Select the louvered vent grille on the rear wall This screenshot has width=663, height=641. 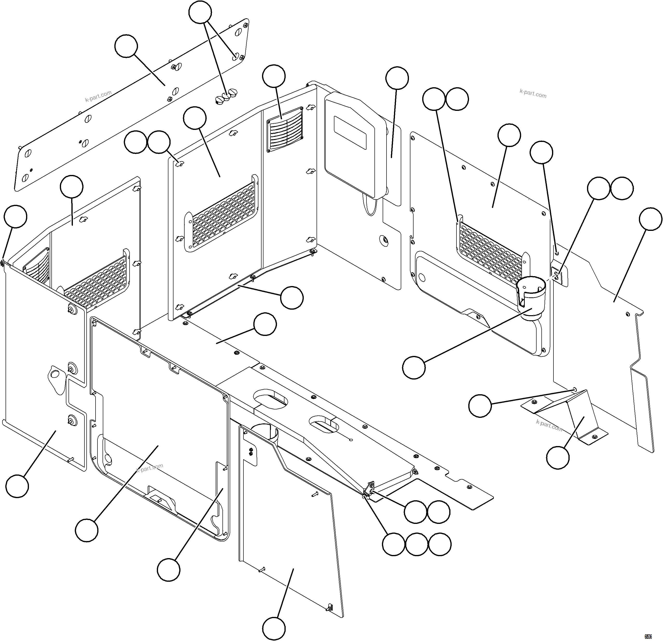pyautogui.click(x=285, y=130)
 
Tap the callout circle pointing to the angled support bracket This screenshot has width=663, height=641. pyautogui.click(x=558, y=458)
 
